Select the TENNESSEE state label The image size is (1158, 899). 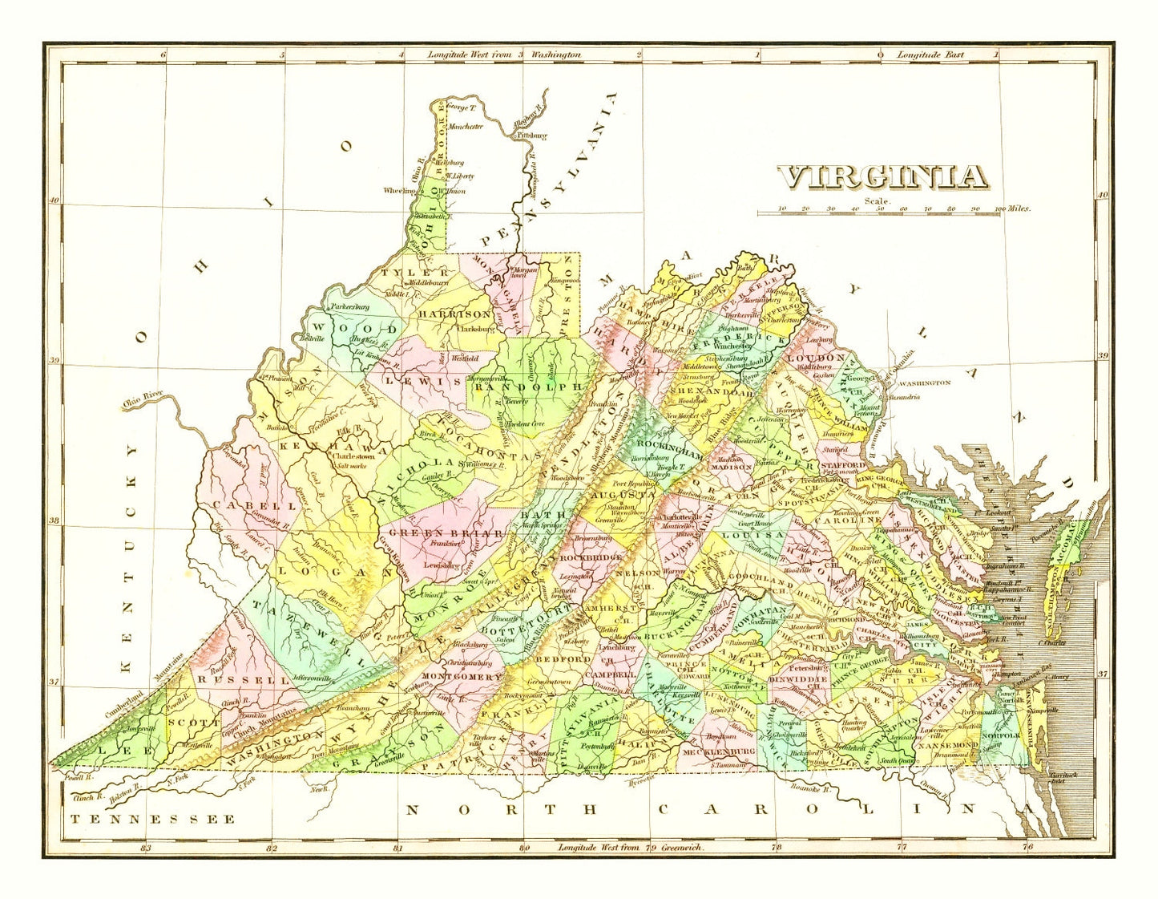[152, 819]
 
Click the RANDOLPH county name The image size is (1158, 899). [527, 387]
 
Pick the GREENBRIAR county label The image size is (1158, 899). [446, 533]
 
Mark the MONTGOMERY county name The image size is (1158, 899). [461, 676]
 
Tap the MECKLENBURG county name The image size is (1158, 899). [718, 751]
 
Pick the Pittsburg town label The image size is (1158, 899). [531, 136]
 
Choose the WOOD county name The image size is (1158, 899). [354, 329]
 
